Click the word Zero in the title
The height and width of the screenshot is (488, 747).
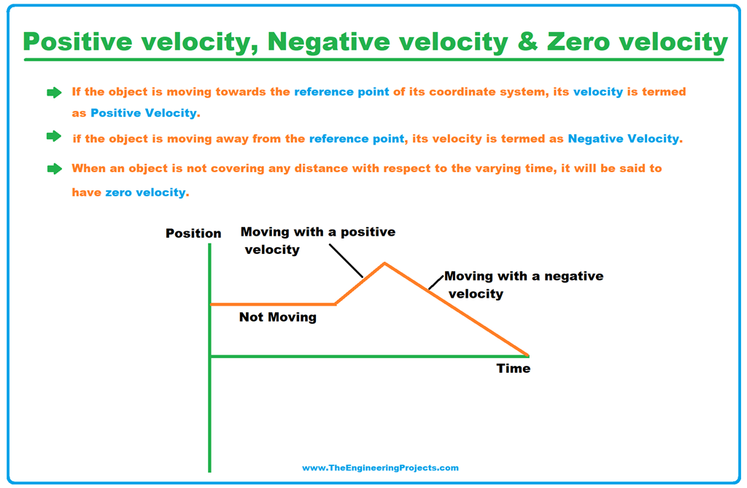pyautogui.click(x=578, y=42)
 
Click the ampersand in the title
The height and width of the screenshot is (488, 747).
pyautogui.click(x=527, y=42)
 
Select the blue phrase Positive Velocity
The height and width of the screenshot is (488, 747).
pyautogui.click(x=144, y=113)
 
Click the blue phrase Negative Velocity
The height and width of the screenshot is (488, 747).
pyautogui.click(x=623, y=139)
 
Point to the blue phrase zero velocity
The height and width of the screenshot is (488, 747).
pyautogui.click(x=145, y=192)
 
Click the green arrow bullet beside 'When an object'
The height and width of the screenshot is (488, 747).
pyautogui.click(x=54, y=169)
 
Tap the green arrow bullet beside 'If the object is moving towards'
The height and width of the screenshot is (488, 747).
pyautogui.click(x=54, y=93)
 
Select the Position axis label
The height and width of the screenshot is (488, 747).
pyautogui.click(x=193, y=233)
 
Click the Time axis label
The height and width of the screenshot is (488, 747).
pyautogui.click(x=514, y=368)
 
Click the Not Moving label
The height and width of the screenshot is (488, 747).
pyautogui.click(x=278, y=317)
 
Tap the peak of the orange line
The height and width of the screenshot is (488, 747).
pyautogui.click(x=385, y=263)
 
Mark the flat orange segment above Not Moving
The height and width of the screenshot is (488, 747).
pyautogui.click(x=273, y=304)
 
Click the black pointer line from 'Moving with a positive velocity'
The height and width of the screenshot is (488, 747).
pyautogui.click(x=346, y=260)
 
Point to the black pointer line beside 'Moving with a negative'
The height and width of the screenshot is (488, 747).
pyautogui.click(x=436, y=282)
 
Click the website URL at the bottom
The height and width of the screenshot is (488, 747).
pyautogui.click(x=380, y=468)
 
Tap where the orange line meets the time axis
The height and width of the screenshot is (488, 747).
pyautogui.click(x=528, y=355)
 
